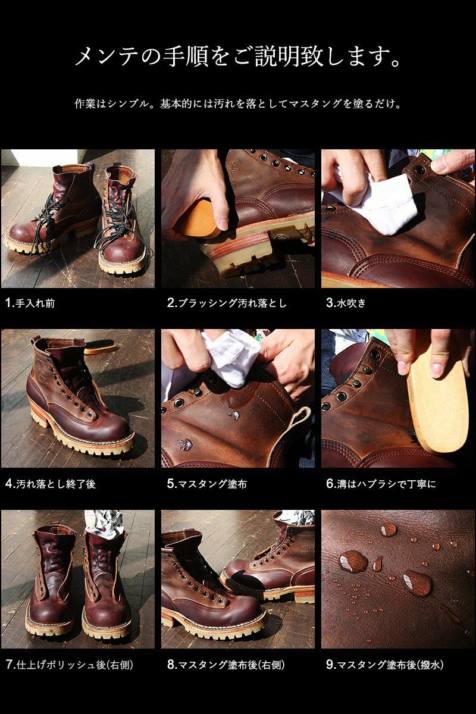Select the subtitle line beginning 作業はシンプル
coord(238,104)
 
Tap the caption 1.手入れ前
coord(30,303)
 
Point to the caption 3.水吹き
coord(346,303)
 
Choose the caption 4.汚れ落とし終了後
coord(51,484)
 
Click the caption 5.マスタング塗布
coord(207,484)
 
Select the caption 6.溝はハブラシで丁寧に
coord(381,484)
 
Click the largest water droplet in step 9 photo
coord(353,561)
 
